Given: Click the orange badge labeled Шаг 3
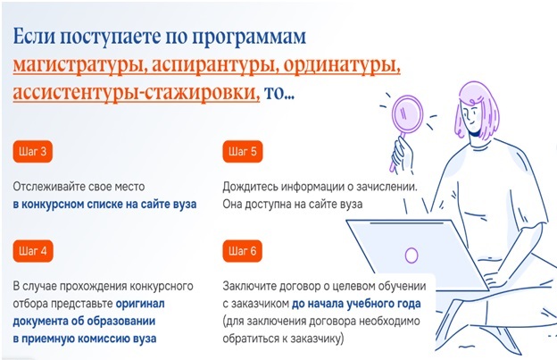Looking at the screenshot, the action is (x=33, y=152).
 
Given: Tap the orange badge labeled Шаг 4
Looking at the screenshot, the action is (x=33, y=251).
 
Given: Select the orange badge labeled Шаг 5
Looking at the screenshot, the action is (x=243, y=152).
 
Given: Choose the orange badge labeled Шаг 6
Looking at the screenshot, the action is (x=243, y=251).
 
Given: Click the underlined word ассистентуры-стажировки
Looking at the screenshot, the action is (x=137, y=93).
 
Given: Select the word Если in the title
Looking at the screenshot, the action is (x=33, y=37).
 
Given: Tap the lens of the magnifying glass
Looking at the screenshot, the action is (x=407, y=113).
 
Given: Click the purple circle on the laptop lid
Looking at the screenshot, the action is (x=412, y=255).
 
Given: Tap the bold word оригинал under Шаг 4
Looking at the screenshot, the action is (x=140, y=304).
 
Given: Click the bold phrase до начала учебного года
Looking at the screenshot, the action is (x=356, y=304).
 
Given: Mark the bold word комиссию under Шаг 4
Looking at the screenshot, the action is (x=104, y=339).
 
